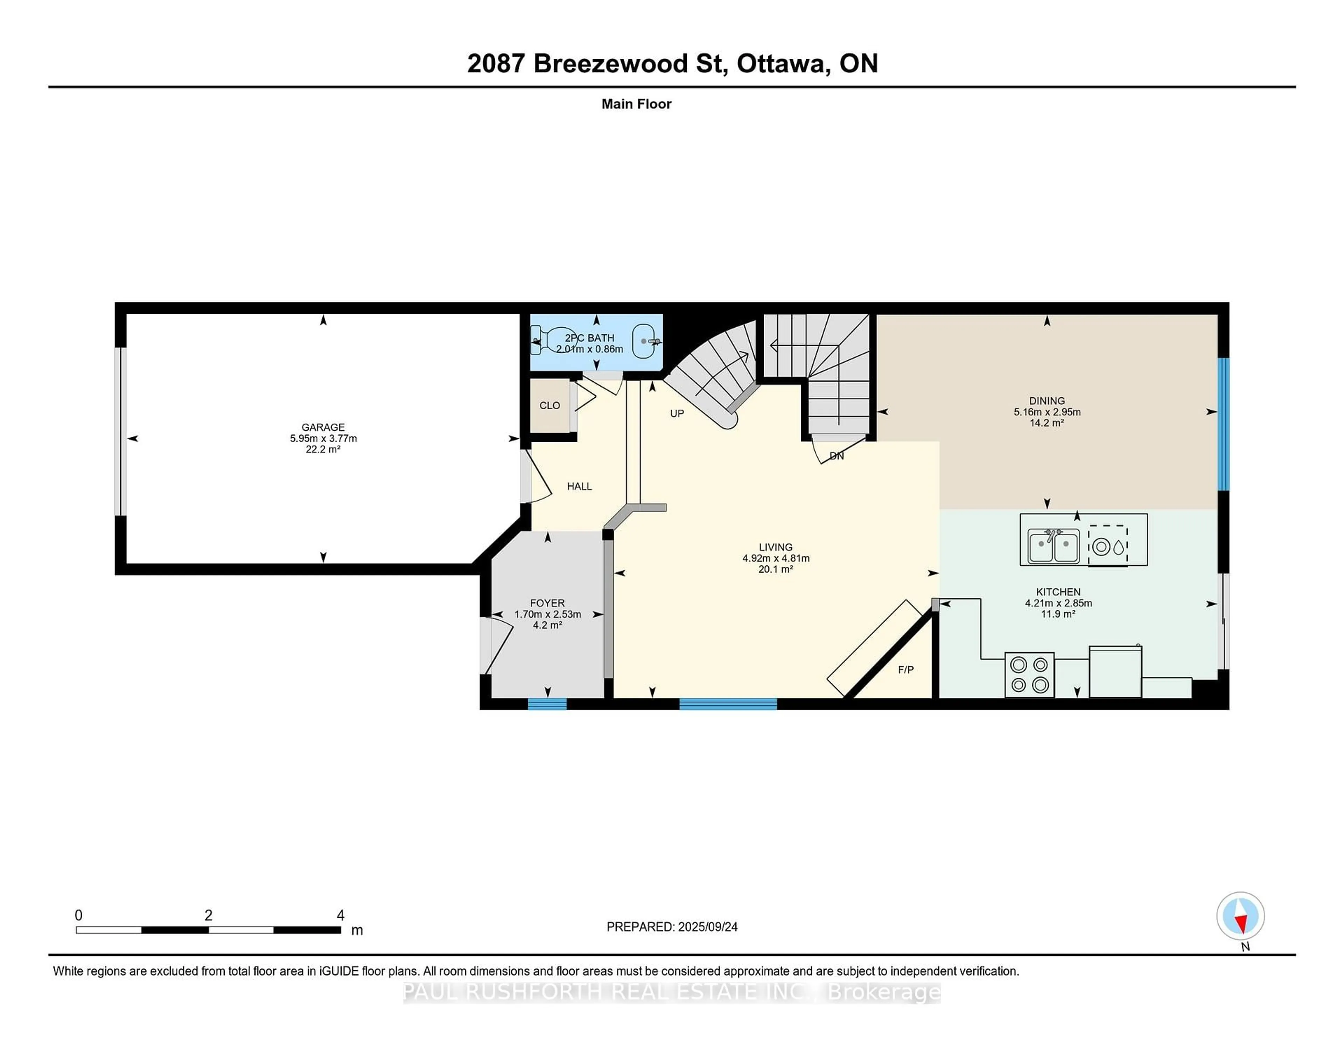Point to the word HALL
click(579, 486)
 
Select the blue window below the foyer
click(547, 704)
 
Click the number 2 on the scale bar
click(209, 915)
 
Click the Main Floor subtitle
click(636, 104)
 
